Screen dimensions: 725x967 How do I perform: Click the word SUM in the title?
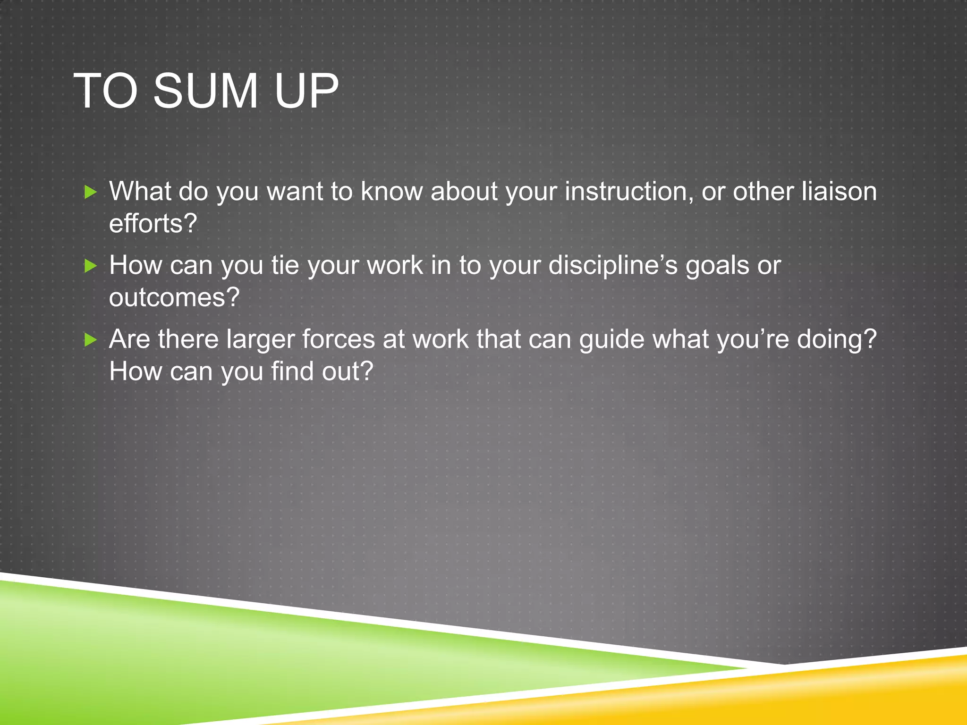click(x=205, y=91)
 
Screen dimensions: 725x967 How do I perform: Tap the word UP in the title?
click(x=306, y=91)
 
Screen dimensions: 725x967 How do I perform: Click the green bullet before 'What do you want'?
click(x=90, y=192)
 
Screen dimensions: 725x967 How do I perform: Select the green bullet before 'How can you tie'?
click(x=90, y=266)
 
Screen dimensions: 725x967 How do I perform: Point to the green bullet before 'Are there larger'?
click(x=90, y=340)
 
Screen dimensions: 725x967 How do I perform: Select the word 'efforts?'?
click(x=153, y=224)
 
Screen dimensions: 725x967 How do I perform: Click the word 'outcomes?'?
click(x=174, y=298)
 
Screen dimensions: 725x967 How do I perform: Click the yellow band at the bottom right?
click(x=850, y=694)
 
